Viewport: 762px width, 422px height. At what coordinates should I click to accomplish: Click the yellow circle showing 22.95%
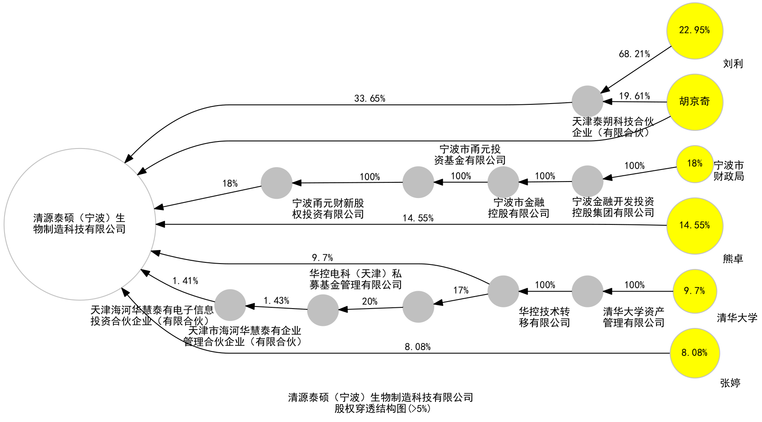point(694,31)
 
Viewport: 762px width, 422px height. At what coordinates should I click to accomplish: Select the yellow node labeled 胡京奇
point(694,102)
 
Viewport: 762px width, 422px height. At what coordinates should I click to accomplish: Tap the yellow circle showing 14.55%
point(694,226)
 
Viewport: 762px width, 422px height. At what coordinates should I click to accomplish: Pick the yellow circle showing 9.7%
point(694,291)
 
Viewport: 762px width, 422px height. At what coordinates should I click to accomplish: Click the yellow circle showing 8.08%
point(694,353)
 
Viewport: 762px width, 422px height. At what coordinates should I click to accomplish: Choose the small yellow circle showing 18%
point(694,164)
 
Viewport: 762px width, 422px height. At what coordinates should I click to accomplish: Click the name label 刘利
point(733,64)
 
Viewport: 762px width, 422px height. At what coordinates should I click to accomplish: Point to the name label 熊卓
point(733,259)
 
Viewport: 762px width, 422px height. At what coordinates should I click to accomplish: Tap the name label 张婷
point(730,383)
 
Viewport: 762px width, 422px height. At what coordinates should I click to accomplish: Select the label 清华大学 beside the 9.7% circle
point(737,318)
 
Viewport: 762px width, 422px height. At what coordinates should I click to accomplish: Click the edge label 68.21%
point(634,54)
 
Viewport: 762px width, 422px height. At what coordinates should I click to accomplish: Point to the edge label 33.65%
point(369,99)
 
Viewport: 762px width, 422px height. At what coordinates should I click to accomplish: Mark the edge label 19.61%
point(634,96)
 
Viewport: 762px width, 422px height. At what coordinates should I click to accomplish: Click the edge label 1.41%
point(185,281)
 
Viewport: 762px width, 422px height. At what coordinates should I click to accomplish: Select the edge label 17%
point(461,290)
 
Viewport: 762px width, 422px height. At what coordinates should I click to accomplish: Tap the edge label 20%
point(369,302)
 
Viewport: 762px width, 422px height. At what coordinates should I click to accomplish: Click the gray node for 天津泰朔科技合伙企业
point(587,101)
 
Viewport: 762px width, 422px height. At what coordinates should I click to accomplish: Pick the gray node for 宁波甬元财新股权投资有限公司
point(276,183)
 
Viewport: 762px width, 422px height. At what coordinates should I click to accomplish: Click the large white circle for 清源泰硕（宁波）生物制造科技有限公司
point(80,224)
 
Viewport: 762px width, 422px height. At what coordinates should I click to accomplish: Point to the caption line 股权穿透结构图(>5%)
point(382,409)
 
